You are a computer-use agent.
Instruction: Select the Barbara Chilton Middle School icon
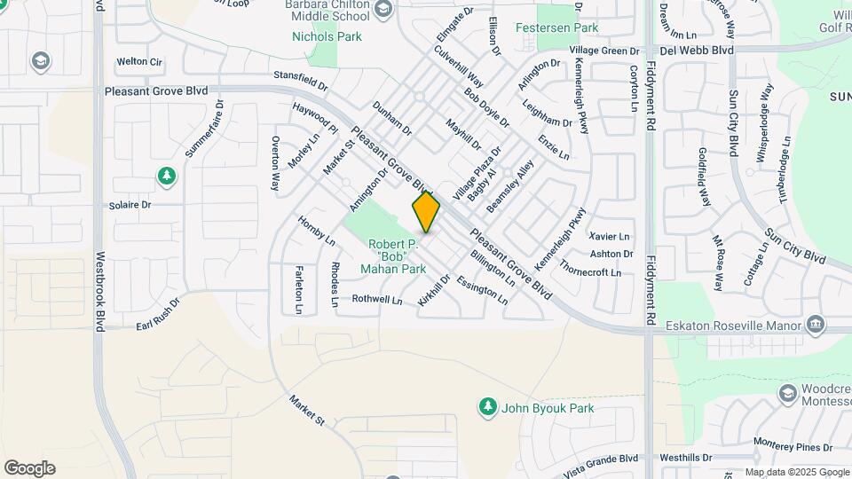383,11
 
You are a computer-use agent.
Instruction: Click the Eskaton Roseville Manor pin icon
814,326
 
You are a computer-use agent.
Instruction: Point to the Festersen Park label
556,27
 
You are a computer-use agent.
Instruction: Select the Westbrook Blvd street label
100,290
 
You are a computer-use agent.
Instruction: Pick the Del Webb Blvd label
701,51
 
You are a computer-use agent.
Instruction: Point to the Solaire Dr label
130,205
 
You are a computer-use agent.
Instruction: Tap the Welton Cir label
138,62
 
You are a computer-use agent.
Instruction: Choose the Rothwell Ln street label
377,300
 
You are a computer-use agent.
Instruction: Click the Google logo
29,468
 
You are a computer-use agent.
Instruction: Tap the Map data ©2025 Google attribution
796,473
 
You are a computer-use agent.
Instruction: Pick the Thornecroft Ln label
590,272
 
